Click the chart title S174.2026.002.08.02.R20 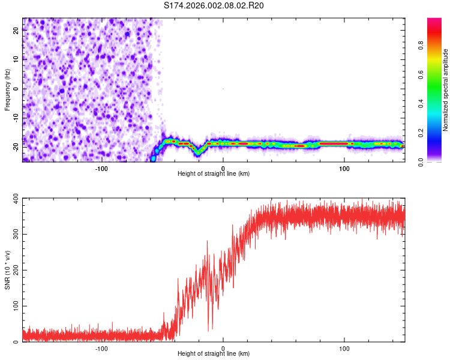point(214,5)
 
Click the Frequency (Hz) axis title point(7,89)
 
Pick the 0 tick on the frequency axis point(17,89)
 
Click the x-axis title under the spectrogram point(214,173)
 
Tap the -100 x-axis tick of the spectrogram point(101,167)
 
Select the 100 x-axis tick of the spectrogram point(344,167)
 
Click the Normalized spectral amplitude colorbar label point(446,90)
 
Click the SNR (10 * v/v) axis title point(7,270)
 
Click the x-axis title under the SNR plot point(214,354)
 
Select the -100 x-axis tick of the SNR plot point(101,348)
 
